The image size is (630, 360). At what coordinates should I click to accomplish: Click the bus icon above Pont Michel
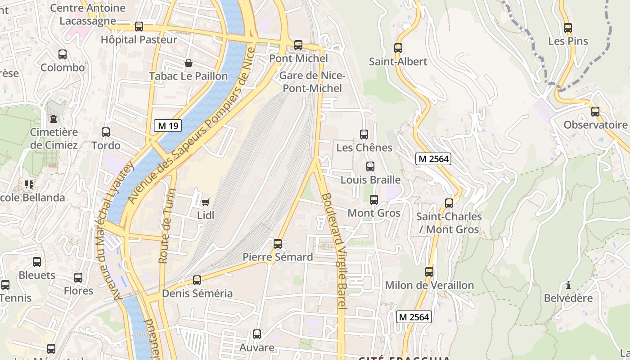pos(298,45)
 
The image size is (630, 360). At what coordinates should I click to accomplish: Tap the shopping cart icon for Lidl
pos(206,202)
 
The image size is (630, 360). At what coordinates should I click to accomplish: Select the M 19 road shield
pos(168,126)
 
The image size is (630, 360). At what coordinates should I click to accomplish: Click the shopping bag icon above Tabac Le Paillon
pos(189,63)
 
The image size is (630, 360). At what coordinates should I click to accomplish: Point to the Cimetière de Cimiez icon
pos(54,119)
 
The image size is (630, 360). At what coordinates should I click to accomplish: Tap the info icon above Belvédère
pos(568,285)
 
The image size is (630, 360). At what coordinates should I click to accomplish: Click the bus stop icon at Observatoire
pos(595,112)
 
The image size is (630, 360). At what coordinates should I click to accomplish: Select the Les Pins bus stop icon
pos(568,28)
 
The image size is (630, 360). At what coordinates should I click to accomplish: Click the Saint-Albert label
pos(398,62)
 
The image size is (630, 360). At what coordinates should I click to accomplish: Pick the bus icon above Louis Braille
pos(370,166)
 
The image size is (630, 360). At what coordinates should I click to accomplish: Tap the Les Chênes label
pos(364,148)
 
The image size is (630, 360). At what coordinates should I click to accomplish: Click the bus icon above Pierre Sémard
pos(278,244)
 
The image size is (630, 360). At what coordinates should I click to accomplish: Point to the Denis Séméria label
pos(198,293)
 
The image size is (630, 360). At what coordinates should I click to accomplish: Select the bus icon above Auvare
pos(257,334)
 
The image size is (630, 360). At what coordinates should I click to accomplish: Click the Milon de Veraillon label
pos(429,285)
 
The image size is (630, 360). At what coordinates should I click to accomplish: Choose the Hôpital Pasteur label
pos(139,40)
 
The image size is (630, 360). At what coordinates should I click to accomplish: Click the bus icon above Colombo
pos(63,54)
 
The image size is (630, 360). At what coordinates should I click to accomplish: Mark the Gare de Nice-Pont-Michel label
pos(312,82)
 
